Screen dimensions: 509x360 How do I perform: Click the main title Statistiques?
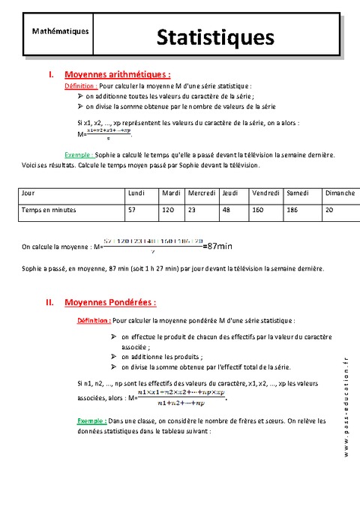click(215, 37)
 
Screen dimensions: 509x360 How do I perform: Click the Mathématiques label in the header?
click(61, 31)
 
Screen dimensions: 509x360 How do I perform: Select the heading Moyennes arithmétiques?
click(118, 75)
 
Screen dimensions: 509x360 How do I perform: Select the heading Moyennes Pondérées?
click(111, 303)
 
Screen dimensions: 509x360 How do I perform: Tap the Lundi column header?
click(136, 193)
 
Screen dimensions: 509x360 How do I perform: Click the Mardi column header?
click(171, 193)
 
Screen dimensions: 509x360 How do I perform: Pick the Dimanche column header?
click(340, 193)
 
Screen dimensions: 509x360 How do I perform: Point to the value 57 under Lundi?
click(132, 211)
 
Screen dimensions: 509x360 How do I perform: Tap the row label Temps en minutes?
click(49, 211)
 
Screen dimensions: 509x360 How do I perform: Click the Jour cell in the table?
click(29, 193)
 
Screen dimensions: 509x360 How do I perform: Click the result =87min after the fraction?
click(218, 245)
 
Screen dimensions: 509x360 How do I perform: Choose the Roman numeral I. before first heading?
click(50, 75)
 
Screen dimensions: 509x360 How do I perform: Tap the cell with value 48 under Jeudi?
click(226, 211)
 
